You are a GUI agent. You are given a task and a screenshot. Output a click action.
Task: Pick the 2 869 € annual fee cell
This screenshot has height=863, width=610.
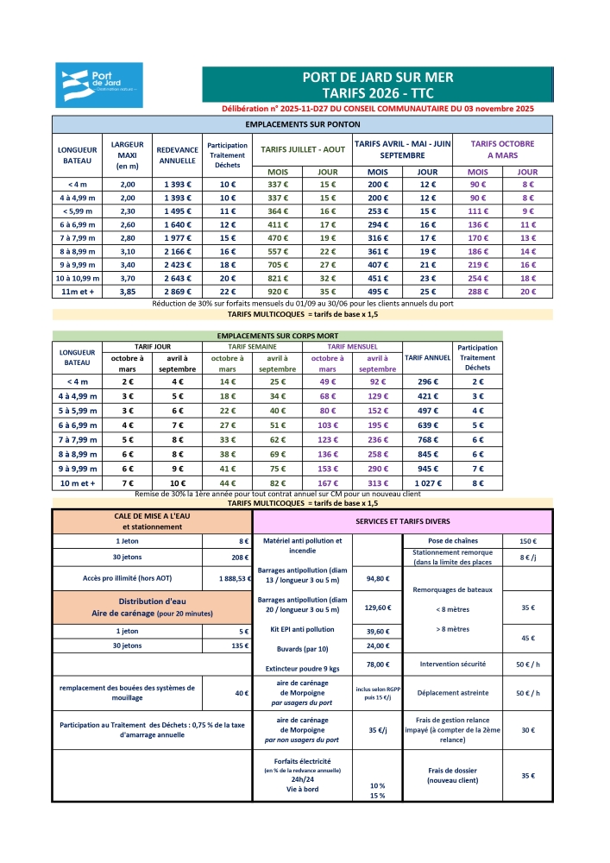(x=178, y=293)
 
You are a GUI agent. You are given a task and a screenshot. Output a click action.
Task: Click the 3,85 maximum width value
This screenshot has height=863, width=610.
(x=128, y=293)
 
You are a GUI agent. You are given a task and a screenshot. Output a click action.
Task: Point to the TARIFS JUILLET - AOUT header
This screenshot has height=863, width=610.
(x=303, y=149)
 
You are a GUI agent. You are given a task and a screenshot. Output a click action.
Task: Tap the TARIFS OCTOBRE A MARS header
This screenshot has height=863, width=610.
(x=502, y=149)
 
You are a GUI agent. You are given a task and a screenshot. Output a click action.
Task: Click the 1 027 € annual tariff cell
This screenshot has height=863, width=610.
(x=423, y=483)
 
